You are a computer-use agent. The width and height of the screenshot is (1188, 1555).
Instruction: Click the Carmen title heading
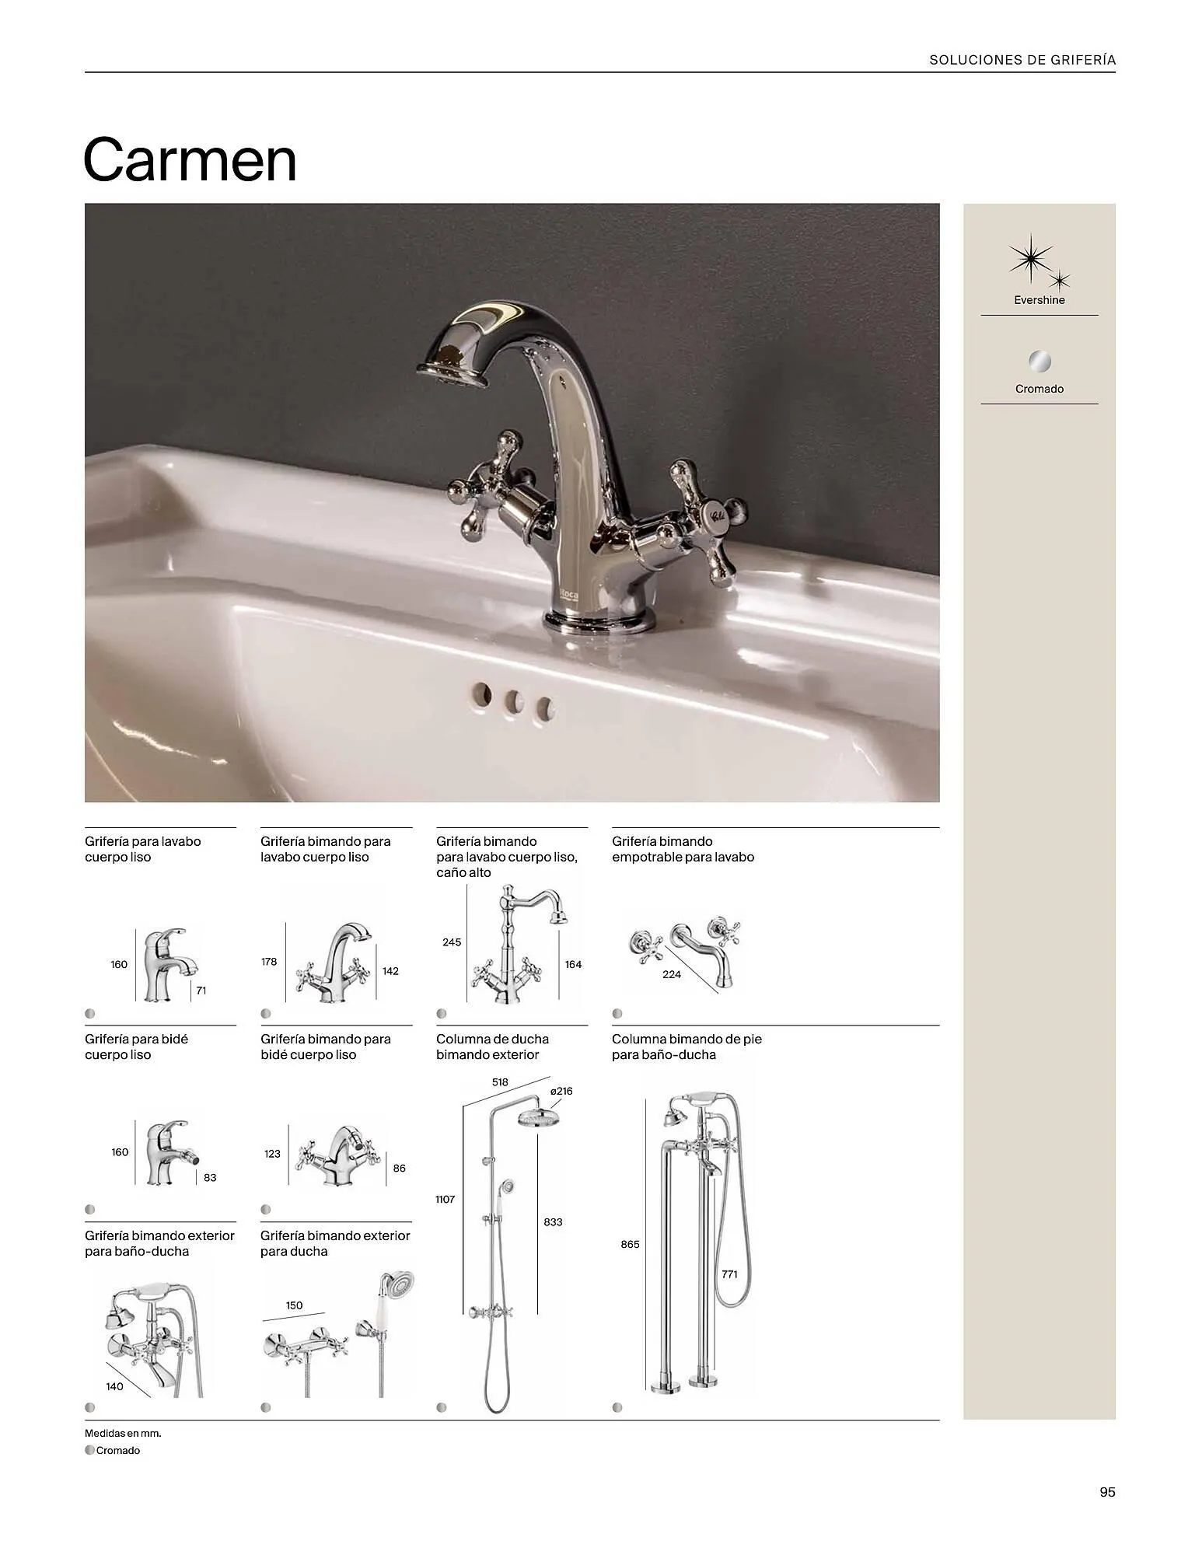click(x=190, y=161)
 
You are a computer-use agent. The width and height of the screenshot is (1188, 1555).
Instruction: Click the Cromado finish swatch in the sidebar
click(x=1039, y=362)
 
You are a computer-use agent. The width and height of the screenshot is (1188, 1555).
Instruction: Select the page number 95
click(x=1107, y=1492)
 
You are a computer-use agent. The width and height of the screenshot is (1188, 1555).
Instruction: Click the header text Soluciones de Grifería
click(x=1022, y=60)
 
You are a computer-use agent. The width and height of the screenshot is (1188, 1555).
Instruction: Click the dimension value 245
click(x=452, y=942)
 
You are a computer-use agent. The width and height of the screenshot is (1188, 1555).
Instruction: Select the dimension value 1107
click(x=445, y=1199)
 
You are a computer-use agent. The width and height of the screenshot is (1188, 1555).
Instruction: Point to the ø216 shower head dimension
click(x=561, y=1091)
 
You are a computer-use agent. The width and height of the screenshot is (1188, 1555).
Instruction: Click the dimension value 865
click(x=630, y=1244)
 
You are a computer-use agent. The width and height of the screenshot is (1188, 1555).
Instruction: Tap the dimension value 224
click(x=672, y=974)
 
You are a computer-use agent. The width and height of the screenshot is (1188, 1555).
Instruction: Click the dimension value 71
click(x=201, y=991)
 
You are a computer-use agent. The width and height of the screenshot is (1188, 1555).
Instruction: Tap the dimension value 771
click(x=729, y=1274)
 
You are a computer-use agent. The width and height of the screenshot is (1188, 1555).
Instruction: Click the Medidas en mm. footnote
click(x=123, y=1432)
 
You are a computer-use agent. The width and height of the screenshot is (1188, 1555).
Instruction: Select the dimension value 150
click(x=294, y=1305)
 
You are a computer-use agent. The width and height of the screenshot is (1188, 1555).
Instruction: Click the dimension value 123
click(x=272, y=1154)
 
